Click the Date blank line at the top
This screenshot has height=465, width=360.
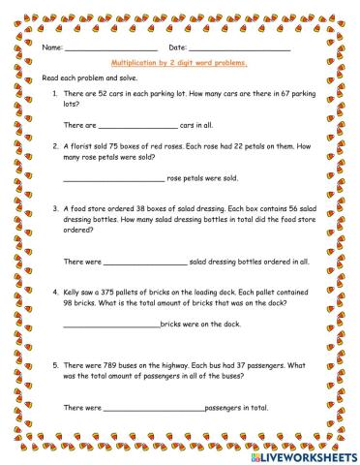coord(239,48)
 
